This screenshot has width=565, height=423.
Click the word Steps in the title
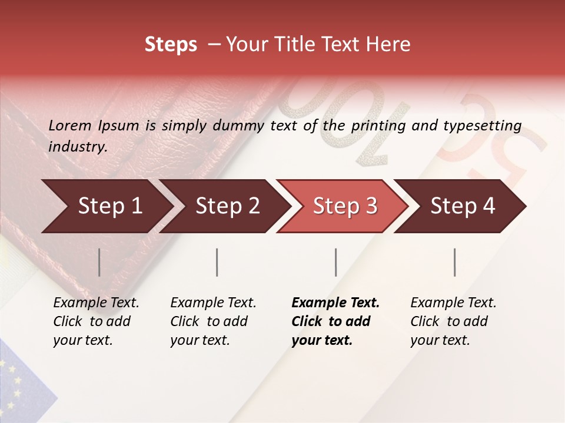pos(171,45)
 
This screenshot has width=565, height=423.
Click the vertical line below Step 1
pos(99,262)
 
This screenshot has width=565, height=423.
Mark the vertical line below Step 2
pos(217,262)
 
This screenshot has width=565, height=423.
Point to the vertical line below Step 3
pos(335,262)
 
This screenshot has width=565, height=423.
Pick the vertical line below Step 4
pos(454,262)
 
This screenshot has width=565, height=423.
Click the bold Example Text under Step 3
pos(335,303)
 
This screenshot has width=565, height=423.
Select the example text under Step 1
pos(96,321)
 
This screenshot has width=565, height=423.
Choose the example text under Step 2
pos(213,321)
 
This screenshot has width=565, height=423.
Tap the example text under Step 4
pos(453,321)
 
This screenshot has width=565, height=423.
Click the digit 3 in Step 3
pos(371,206)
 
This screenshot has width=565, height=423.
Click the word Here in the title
pos(391,45)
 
